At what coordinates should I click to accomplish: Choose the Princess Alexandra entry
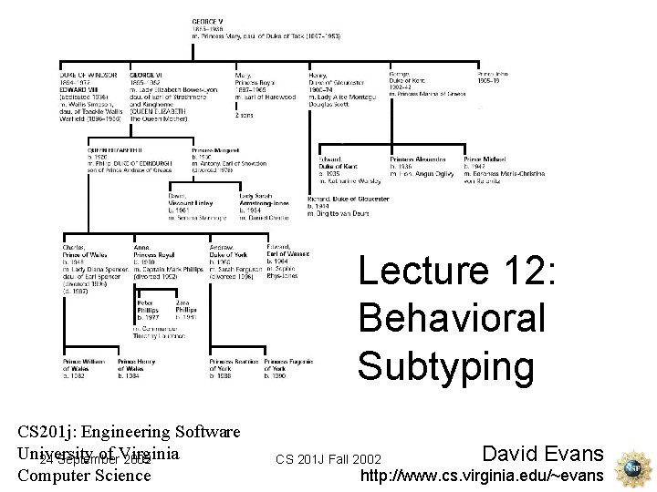point(415,159)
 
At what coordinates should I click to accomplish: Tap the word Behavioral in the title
point(452,318)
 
